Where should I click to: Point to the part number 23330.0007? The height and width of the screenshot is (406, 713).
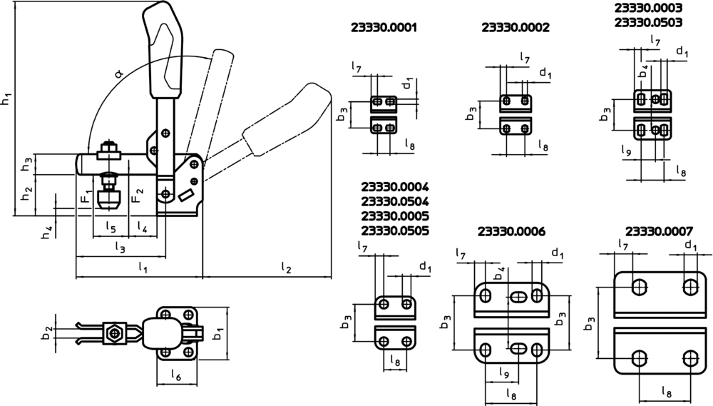(658, 232)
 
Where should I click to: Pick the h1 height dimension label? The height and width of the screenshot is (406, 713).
(6, 98)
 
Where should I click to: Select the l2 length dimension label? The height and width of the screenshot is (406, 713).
(286, 268)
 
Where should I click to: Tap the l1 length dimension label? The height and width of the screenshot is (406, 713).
(143, 268)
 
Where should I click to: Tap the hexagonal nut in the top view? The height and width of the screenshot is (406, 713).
(113, 333)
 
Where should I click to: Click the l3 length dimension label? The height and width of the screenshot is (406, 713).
(120, 247)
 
